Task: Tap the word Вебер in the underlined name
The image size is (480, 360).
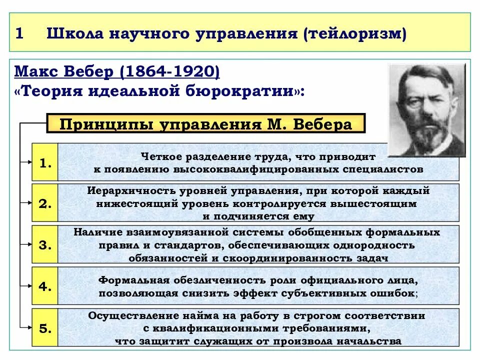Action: pyautogui.click(x=90, y=71)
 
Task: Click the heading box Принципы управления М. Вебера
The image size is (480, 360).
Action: pyautogui.click(x=205, y=123)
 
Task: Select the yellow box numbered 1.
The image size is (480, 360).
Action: pyautogui.click(x=45, y=162)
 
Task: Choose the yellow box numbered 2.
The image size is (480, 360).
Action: pyautogui.click(x=45, y=203)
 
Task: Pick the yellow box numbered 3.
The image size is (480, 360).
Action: pyautogui.click(x=45, y=245)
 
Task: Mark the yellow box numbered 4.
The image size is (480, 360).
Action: pyautogui.click(x=45, y=286)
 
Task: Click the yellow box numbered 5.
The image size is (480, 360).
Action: pyautogui.click(x=45, y=328)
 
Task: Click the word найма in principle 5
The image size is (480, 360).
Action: pyautogui.click(x=197, y=316)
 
